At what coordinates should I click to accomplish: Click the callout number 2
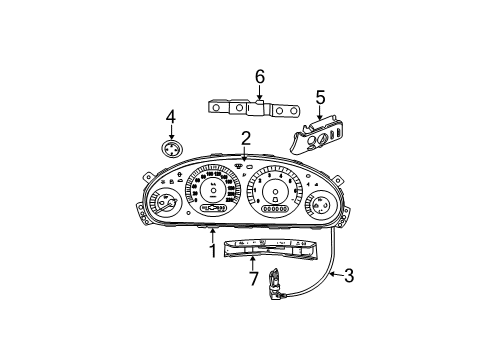245,138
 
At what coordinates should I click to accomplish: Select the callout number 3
349,273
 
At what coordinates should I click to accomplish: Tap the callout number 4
171,116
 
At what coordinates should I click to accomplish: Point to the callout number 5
320,97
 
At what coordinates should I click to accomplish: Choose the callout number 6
259,75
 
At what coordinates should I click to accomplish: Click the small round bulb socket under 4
171,151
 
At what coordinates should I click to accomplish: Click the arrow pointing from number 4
171,132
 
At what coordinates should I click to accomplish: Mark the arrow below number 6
259,92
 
